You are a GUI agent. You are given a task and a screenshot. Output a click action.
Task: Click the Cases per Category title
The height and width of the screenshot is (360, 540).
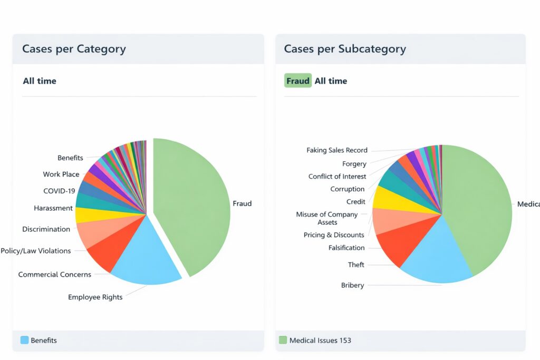74,49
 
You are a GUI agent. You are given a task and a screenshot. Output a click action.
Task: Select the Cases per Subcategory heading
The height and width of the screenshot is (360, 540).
345,49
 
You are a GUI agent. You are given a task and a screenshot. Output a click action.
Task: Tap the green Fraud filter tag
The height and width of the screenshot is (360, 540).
298,81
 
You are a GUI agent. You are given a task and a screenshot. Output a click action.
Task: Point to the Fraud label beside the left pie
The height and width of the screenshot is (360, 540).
242,203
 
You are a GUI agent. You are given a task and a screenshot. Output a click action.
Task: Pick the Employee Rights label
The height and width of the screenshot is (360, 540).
95,297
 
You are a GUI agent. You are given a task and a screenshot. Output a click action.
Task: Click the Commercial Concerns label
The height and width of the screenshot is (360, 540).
54,275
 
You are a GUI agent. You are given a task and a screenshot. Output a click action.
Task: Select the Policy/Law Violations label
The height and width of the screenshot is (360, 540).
36,251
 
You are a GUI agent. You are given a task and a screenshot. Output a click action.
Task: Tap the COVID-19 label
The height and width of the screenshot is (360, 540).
59,191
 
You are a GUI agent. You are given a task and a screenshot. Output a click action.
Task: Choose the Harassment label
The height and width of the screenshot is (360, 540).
53,208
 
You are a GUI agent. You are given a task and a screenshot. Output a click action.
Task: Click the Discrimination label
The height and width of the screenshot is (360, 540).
46,229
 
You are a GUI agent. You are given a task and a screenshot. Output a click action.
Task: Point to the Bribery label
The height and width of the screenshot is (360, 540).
352,285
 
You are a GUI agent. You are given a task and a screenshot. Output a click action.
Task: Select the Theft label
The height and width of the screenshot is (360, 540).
356,265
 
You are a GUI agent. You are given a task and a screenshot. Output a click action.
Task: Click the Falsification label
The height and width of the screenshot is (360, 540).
346,248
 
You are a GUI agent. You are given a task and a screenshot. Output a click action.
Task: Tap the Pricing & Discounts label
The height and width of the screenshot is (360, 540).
334,235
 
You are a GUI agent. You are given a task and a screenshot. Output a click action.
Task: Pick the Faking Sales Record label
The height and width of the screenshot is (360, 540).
337,150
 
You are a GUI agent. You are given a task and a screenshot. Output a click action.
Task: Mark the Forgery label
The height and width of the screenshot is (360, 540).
354,164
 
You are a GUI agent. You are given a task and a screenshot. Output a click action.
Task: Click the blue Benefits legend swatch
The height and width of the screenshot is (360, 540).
24,340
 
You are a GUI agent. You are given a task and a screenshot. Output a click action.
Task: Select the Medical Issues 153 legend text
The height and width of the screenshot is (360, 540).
320,340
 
